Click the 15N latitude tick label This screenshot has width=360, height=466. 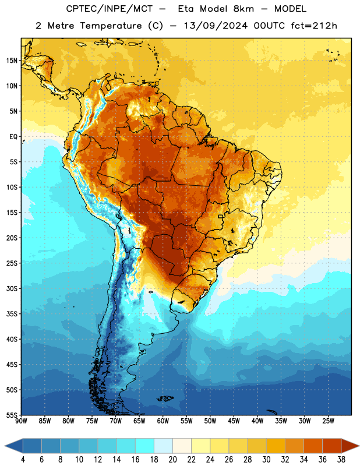click(x=12, y=61)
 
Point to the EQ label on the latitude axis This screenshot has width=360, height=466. click(x=13, y=137)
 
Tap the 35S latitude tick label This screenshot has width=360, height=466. click(x=12, y=314)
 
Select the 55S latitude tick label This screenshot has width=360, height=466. click(x=12, y=415)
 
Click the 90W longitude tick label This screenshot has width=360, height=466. click(x=21, y=421)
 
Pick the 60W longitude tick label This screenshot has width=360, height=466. click(x=163, y=421)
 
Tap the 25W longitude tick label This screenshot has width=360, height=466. click(x=328, y=421)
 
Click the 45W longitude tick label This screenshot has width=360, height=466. click(x=234, y=421)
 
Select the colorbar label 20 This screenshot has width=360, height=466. click(x=172, y=460)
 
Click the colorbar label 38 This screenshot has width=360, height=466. click(x=341, y=460)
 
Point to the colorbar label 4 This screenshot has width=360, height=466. click(x=23, y=460)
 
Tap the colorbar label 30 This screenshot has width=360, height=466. click(x=266, y=460)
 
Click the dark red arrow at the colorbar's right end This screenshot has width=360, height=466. click(x=350, y=446)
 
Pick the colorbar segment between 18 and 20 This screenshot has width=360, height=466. click(x=163, y=446)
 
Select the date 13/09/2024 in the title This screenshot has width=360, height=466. click(x=216, y=26)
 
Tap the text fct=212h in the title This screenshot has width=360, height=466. click(x=314, y=26)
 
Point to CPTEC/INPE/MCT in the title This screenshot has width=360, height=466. click(x=109, y=9)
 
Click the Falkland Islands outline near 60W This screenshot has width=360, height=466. click(x=165, y=398)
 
